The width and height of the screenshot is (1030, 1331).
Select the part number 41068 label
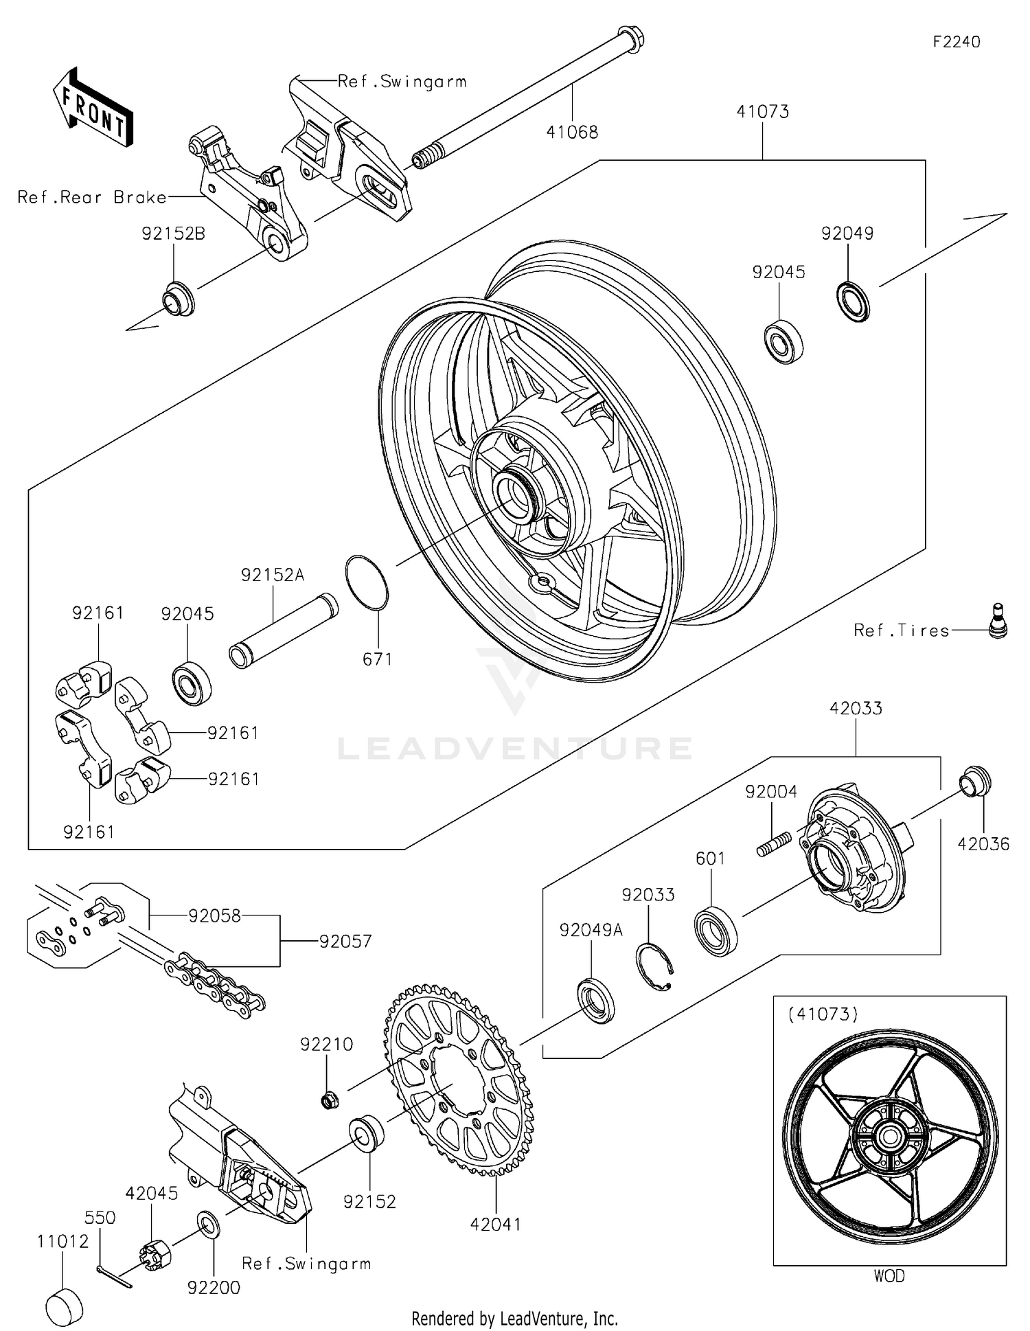point(572,133)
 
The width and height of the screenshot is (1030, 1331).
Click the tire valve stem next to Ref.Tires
point(998,621)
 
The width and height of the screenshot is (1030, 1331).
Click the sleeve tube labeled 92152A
point(283,630)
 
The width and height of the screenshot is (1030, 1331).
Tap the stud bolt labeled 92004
point(774,843)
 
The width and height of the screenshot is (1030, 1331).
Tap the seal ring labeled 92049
point(853,301)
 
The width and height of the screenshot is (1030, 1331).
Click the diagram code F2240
point(956,42)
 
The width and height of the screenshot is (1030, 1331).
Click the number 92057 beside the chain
point(345,942)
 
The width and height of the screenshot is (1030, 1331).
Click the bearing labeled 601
point(716,931)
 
